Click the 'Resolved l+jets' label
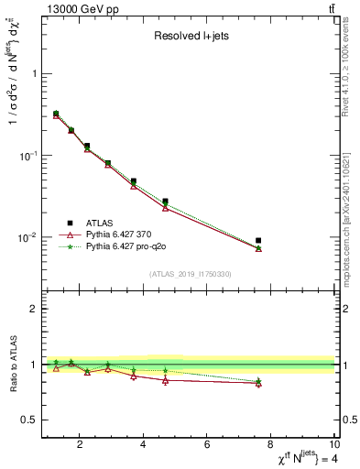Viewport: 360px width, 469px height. point(190,36)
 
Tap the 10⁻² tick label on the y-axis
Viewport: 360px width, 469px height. point(27,237)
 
